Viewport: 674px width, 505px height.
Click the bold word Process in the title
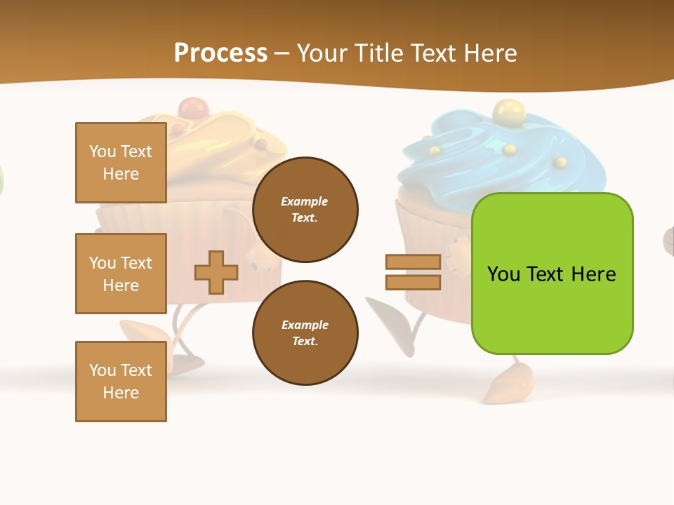point(220,53)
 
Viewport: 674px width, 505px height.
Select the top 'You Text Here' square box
point(121,163)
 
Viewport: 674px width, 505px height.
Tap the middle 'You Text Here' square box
point(121,274)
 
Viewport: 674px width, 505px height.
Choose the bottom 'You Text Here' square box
point(121,382)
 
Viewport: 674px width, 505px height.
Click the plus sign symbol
point(216,272)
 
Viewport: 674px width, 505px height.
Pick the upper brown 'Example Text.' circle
point(305,210)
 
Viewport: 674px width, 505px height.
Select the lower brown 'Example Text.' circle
point(305,332)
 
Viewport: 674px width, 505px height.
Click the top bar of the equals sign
point(413,262)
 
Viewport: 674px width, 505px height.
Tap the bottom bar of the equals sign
point(413,283)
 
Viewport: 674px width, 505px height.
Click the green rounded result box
point(552,274)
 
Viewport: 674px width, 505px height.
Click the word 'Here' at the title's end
point(491,53)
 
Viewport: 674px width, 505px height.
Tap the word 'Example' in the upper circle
point(305,201)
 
